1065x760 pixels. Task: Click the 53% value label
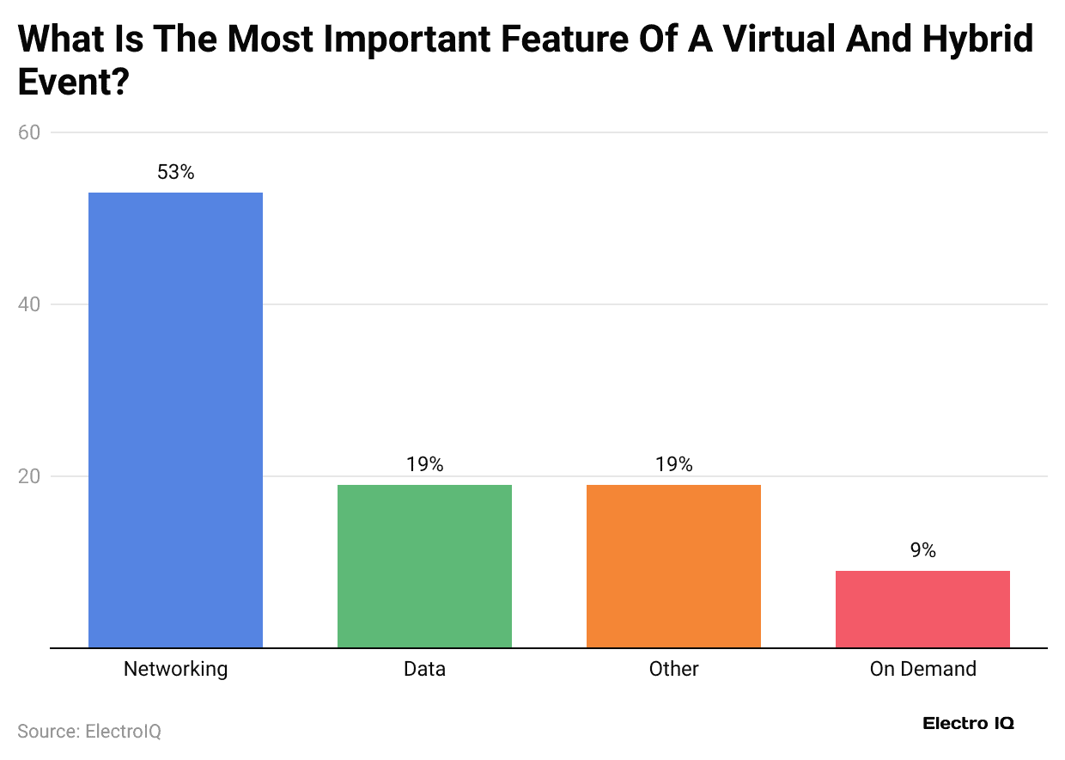(x=175, y=172)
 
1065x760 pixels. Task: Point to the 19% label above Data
(x=424, y=464)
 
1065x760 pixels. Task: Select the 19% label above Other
(x=673, y=464)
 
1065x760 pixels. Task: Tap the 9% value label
(x=922, y=550)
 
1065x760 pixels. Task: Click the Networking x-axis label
(x=175, y=669)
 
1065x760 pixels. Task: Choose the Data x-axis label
(x=424, y=669)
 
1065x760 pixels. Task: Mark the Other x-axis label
(x=673, y=669)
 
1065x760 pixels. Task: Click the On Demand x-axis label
(x=922, y=669)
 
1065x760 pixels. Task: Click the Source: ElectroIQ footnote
(x=89, y=732)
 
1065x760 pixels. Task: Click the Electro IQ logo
(x=968, y=723)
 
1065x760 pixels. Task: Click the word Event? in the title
(x=73, y=83)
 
